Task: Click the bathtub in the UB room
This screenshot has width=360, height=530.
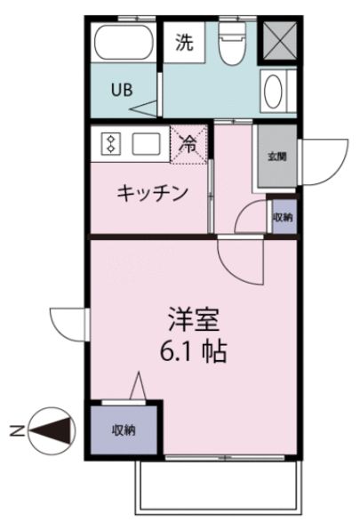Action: (124, 44)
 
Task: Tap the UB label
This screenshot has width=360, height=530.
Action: (122, 90)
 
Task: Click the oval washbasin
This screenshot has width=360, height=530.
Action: (274, 91)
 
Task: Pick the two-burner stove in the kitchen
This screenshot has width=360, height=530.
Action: (110, 144)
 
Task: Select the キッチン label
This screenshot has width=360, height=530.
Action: (152, 193)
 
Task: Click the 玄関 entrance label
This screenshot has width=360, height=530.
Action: (277, 157)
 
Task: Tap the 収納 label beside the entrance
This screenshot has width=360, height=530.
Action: (283, 216)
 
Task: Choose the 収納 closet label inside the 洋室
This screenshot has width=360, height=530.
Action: (124, 430)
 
